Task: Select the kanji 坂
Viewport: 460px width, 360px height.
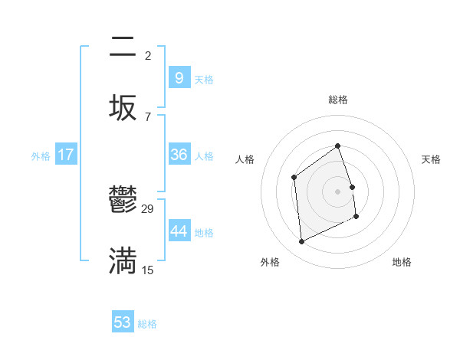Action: (x=123, y=107)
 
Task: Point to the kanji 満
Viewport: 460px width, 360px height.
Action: (x=123, y=260)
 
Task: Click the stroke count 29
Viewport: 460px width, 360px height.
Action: (x=148, y=209)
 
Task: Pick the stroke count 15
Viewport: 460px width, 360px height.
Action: (x=148, y=270)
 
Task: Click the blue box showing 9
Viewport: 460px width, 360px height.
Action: (x=179, y=77)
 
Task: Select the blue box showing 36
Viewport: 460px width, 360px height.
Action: (x=179, y=155)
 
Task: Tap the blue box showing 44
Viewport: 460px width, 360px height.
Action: (x=179, y=231)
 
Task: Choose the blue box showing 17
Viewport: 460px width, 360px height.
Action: (x=66, y=155)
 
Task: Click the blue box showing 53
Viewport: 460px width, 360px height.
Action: (x=122, y=322)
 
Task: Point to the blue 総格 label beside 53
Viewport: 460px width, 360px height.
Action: (x=147, y=324)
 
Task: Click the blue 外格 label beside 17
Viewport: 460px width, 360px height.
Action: (x=41, y=156)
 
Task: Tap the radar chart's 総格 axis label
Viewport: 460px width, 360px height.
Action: (x=337, y=100)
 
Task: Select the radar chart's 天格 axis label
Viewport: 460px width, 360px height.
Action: (x=431, y=159)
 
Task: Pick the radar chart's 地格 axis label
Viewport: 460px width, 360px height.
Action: (x=402, y=262)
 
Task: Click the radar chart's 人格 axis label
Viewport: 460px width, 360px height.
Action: (x=245, y=159)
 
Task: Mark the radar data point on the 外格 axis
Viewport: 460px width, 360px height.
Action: (x=301, y=242)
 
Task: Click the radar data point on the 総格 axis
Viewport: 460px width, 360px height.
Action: (x=337, y=146)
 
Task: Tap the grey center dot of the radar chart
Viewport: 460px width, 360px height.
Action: (x=337, y=191)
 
